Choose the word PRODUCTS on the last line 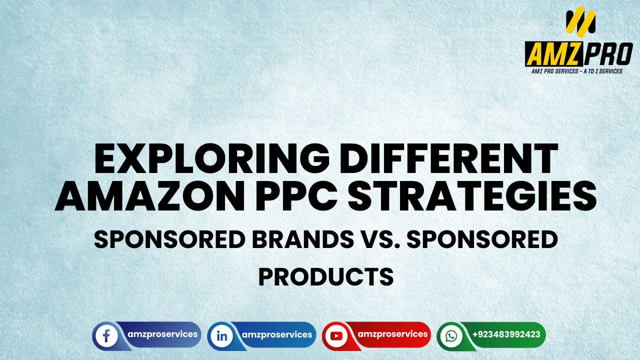pyautogui.click(x=325, y=276)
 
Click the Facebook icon pyautogui.click(x=106, y=335)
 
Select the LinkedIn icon pyautogui.click(x=221, y=335)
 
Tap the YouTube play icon pyautogui.click(x=335, y=335)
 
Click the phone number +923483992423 pyautogui.click(x=506, y=334)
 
